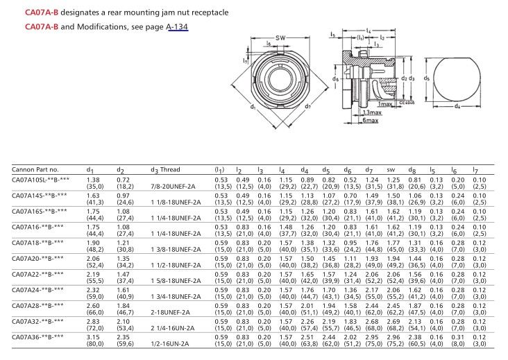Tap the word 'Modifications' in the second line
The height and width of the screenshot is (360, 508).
tap(90, 26)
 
